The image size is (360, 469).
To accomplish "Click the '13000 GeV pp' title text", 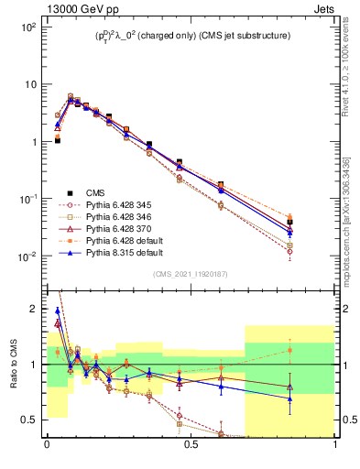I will (52, 8).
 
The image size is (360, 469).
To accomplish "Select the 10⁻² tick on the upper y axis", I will (27, 256).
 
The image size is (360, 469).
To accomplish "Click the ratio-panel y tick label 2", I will (33, 309).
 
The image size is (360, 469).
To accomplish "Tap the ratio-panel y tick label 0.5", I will (30, 420).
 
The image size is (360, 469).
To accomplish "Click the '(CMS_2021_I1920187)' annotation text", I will (191, 274).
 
